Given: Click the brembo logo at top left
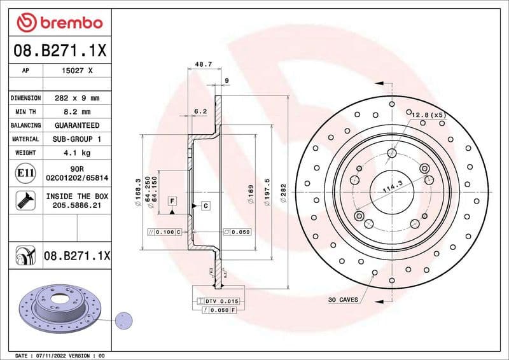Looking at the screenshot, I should click(x=59, y=23).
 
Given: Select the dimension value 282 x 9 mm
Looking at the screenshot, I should click(x=77, y=98).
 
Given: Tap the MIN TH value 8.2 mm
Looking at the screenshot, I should click(x=77, y=112).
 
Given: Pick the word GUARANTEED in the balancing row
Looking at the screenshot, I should click(x=77, y=125).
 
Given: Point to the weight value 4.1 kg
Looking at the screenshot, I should click(x=77, y=153).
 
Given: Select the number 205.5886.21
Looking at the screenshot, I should click(x=77, y=205).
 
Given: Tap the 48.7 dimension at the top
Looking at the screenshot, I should click(x=203, y=65).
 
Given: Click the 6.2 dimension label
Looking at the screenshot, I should click(x=200, y=111).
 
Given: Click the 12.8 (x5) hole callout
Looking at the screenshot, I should click(x=428, y=114).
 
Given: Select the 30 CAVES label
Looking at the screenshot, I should click(x=343, y=299).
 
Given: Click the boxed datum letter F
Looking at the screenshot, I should click(x=172, y=201).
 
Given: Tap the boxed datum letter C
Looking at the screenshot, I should click(x=206, y=205).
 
